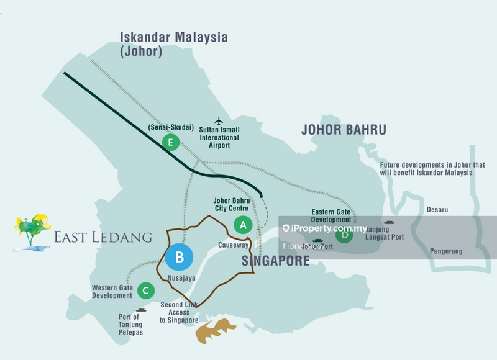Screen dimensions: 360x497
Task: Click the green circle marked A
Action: coord(242,224)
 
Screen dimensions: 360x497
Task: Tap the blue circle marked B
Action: coord(179,256)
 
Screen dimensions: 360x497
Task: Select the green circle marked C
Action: coord(145,290)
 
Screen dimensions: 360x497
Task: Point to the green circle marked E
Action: coord(170,143)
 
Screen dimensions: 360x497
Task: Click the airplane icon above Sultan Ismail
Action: coord(218,120)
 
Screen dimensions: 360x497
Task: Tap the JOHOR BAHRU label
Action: coord(344,130)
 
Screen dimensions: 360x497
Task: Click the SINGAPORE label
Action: coord(275,261)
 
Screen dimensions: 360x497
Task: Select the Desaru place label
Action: coord(437,210)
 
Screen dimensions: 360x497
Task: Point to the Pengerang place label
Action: coord(446,251)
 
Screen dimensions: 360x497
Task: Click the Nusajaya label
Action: coord(181,278)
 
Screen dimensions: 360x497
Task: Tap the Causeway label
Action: coord(234,245)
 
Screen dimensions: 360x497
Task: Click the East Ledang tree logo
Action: coord(31,233)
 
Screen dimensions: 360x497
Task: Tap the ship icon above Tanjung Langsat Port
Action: coord(390,222)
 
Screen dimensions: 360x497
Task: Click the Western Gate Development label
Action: coord(112,292)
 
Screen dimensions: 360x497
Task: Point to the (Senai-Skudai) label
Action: coord(170,127)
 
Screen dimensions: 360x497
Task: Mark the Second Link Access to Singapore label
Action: coord(179,313)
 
